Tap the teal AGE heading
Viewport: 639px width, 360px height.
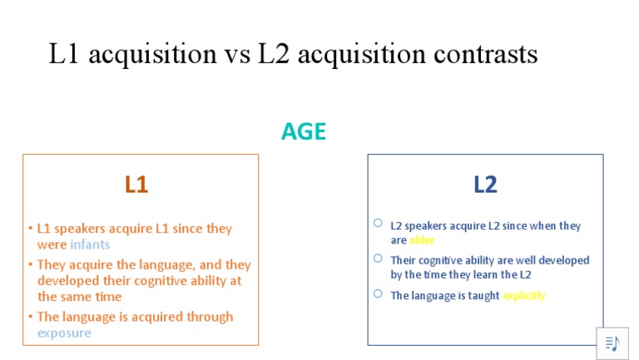coord(304,131)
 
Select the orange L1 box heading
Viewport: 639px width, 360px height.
coord(136,184)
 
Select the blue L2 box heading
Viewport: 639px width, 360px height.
coord(485,184)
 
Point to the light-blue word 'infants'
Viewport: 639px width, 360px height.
coord(90,244)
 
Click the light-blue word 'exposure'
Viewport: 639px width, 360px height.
coord(64,333)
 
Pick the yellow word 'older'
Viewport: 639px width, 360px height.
coord(422,240)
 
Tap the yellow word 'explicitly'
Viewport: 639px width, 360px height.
coord(524,295)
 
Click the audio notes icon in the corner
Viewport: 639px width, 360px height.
coord(612,343)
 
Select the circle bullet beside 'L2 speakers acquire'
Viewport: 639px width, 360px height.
coord(378,223)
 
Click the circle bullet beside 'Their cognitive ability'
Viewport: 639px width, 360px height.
coord(378,258)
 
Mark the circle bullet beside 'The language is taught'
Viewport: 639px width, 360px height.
coord(378,293)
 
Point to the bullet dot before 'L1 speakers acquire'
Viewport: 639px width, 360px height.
coord(30,229)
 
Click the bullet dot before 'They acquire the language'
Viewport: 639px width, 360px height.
coord(30,265)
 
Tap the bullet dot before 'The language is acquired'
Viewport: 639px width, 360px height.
coord(30,317)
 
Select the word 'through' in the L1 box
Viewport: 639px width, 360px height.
coord(210,317)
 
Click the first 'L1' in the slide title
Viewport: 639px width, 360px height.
coord(65,54)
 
